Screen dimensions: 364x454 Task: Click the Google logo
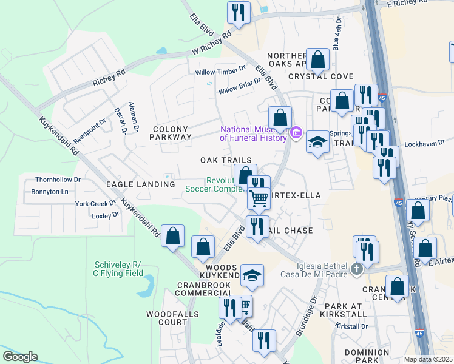pos(20,357)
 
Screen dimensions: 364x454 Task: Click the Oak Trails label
pos(226,160)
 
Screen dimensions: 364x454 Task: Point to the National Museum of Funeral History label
pos(252,133)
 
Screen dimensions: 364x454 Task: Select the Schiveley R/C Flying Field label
pos(118,269)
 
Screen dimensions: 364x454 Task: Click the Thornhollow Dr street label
pos(58,180)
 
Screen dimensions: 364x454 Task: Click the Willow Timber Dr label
pos(220,72)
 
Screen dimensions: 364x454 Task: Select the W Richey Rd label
pos(212,44)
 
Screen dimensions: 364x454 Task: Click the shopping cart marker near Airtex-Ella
pos(259,198)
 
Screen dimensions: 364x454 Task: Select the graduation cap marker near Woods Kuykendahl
pos(252,275)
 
